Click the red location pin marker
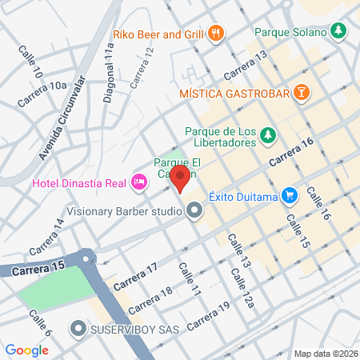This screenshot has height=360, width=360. pyautogui.click(x=181, y=178)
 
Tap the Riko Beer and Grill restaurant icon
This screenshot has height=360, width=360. pyautogui.click(x=216, y=34)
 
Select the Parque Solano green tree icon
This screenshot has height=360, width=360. pyautogui.click(x=339, y=31)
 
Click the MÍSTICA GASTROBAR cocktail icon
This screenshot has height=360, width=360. pyautogui.click(x=300, y=92)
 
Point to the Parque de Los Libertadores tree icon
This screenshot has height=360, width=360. pyautogui.click(x=270, y=138)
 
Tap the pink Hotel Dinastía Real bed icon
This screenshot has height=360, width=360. pyautogui.click(x=139, y=182)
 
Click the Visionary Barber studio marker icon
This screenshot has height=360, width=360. pyautogui.click(x=194, y=212)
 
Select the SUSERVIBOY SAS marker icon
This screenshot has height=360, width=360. pyautogui.click(x=78, y=328)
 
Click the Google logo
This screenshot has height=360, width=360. pyautogui.click(x=27, y=350)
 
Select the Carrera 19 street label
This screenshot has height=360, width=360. pyautogui.click(x=210, y=318)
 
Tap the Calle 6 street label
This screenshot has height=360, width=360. pyautogui.click(x=40, y=324)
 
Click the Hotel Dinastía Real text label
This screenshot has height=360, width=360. pyautogui.click(x=80, y=183)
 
